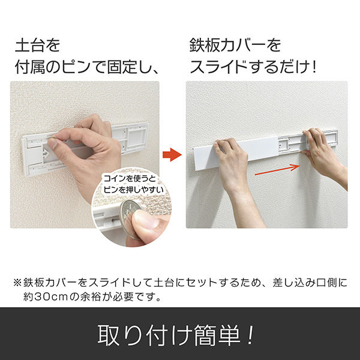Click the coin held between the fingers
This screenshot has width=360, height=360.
click(128, 213)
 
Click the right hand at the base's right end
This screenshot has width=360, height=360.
click(324, 156)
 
